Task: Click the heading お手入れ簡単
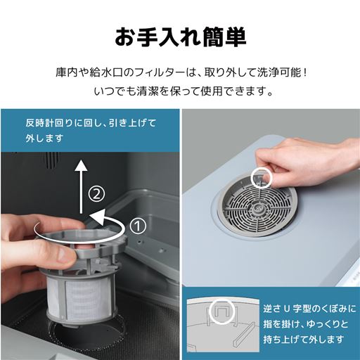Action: click(179, 36)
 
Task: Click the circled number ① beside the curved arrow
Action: click(138, 226)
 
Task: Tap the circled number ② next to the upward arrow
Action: click(99, 191)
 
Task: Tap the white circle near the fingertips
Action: click(261, 178)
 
